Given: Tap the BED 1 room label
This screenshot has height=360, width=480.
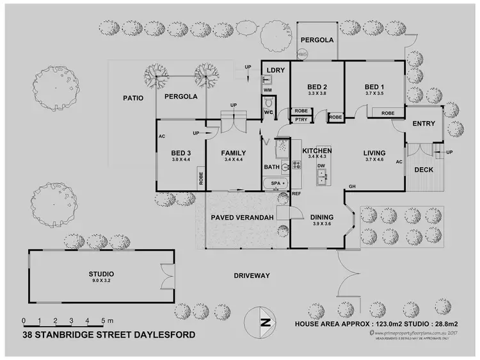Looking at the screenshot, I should pos(374,87).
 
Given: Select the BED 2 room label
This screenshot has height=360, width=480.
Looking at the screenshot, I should pos(317,87).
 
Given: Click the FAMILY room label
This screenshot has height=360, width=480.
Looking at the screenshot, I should pos(233,152).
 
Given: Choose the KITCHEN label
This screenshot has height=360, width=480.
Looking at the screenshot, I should pos(317,151).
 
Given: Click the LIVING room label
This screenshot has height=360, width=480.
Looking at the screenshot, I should pos(374,152).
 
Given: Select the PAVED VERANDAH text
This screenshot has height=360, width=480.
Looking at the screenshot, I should pos(243,218).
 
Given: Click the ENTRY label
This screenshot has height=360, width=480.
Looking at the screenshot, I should pos(424,124).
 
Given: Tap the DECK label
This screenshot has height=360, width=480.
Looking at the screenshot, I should pos(424,170).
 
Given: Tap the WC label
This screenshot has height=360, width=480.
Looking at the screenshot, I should pos(269,113).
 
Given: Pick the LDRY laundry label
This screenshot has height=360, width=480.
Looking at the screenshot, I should pos(275,69).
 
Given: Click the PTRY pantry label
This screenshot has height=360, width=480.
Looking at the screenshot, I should pos(300,119).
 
